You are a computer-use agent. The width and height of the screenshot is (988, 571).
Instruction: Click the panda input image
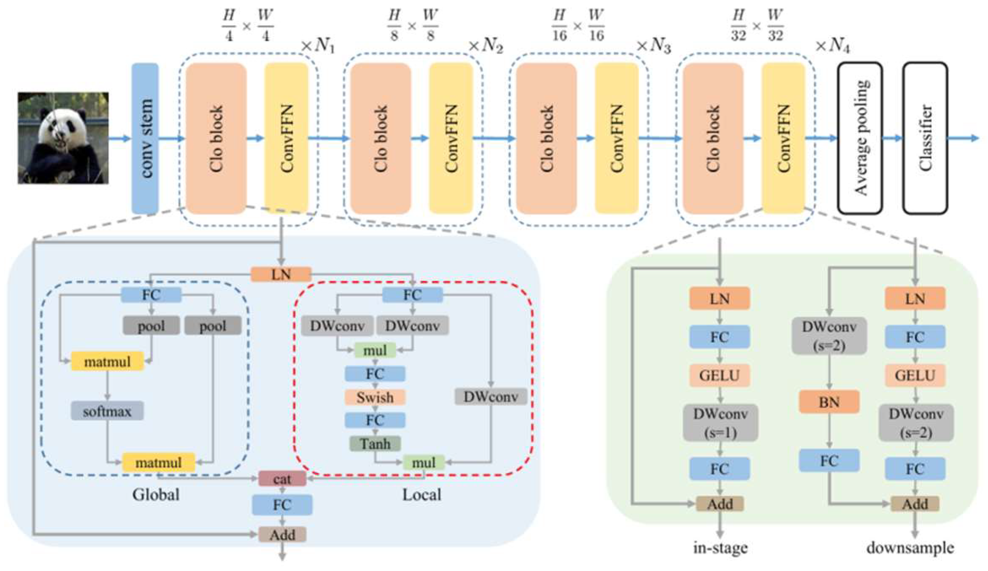(63, 138)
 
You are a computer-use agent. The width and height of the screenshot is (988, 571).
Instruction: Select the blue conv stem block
(145, 138)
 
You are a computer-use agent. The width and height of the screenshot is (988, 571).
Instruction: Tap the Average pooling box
(860, 138)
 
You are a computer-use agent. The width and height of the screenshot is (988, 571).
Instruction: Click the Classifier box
(925, 138)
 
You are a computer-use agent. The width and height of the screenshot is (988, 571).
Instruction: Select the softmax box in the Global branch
(107, 411)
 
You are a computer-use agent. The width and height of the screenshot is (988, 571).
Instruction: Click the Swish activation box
(375, 397)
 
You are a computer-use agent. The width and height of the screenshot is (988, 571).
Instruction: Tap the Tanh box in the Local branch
(375, 444)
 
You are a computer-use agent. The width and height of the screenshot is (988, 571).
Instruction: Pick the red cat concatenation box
(282, 479)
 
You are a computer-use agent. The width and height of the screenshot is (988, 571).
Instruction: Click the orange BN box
(829, 402)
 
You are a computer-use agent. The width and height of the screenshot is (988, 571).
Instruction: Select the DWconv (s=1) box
(720, 423)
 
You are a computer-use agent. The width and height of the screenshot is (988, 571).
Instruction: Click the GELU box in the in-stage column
(720, 375)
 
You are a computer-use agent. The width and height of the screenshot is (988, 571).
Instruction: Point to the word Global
(156, 495)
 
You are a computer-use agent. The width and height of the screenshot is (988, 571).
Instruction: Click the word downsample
(910, 548)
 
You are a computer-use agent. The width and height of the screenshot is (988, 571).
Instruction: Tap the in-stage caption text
(720, 548)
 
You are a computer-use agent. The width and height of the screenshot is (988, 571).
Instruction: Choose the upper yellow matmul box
(107, 361)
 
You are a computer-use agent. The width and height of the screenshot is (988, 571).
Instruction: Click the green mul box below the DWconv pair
(375, 350)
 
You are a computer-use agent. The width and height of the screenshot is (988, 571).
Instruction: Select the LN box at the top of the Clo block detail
(281, 275)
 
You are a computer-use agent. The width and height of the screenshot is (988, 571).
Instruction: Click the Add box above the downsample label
(915, 504)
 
